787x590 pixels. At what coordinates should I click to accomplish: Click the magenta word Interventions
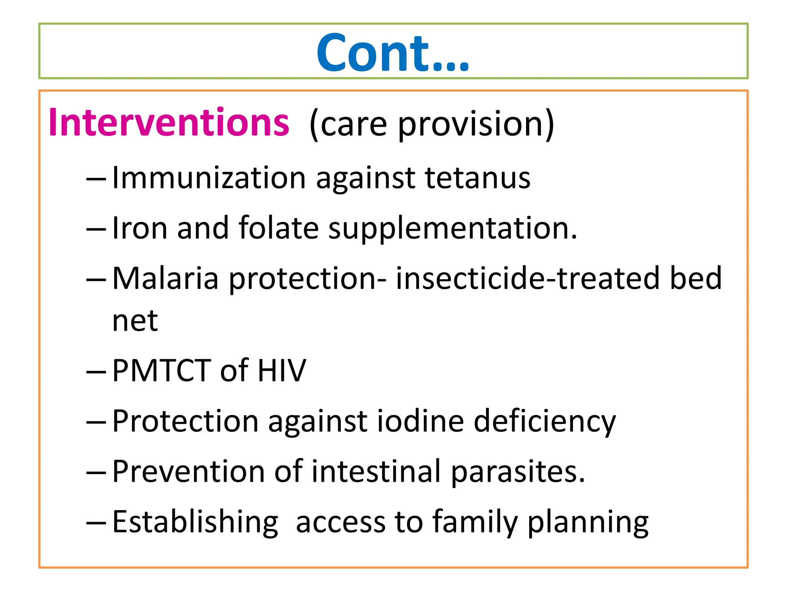[x=169, y=123]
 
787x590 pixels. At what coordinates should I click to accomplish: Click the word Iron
[x=139, y=228]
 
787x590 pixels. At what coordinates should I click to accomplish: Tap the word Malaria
[x=165, y=278]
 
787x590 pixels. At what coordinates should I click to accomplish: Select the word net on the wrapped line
[x=135, y=321]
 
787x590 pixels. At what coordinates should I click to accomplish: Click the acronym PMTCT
[x=161, y=371]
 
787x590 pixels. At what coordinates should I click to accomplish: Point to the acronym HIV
[x=282, y=371]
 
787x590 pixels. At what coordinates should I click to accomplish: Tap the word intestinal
[x=376, y=472]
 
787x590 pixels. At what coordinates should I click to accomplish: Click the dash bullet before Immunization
[x=96, y=180]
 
